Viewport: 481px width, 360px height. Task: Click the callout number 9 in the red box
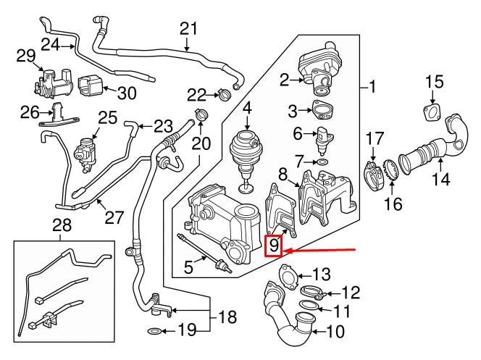[x=273, y=248]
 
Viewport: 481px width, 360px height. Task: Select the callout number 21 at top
[x=188, y=29]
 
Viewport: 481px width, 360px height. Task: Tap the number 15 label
[x=434, y=80]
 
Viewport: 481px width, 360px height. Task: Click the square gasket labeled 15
[x=433, y=114]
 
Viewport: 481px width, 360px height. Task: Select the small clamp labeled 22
[x=224, y=94]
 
